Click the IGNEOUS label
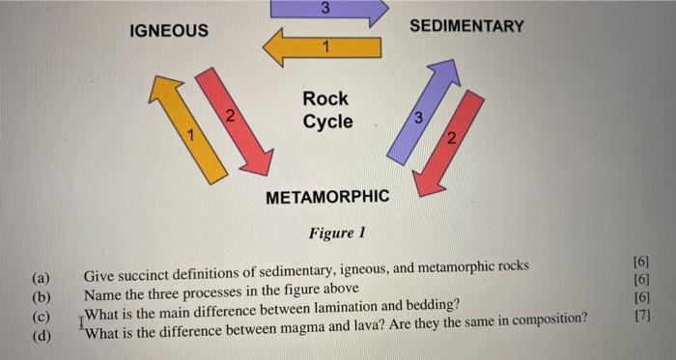point(168,30)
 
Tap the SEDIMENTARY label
point(466,26)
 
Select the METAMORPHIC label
point(327,197)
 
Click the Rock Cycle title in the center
point(326,110)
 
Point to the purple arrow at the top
point(328,9)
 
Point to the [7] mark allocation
point(641,316)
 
